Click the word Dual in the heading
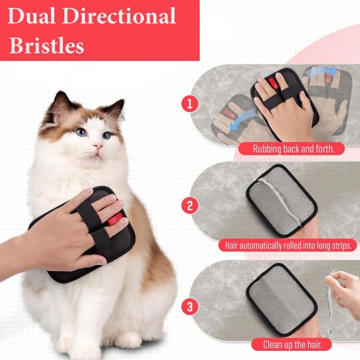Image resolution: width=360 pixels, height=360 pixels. coord(31,16)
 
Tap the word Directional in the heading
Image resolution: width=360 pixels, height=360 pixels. coord(119,16)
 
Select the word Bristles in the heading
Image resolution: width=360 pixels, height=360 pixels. coord(47,45)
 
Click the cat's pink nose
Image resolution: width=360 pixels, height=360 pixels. coord(98,146)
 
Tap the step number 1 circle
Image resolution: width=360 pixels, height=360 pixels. coord(190,104)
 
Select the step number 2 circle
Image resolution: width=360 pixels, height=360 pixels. coord(190,206)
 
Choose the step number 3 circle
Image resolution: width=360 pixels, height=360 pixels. coord(190,306)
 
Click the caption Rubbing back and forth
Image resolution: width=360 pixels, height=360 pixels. coord(293,149)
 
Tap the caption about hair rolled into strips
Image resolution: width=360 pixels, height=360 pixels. coord(288,245)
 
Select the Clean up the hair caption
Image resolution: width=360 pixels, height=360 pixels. coord(293,344)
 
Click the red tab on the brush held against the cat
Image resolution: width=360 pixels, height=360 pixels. coord(115,219)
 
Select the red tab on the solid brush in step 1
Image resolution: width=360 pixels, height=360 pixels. coord(273,83)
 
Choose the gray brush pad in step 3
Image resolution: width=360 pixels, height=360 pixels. coord(281,299)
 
